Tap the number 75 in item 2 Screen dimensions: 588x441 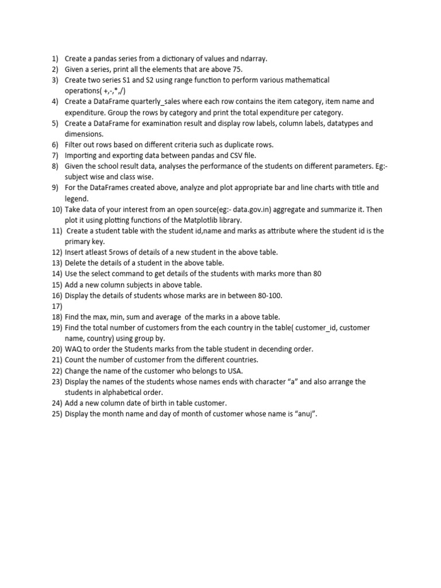point(237,69)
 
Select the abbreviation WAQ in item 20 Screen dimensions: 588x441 point(73,349)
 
